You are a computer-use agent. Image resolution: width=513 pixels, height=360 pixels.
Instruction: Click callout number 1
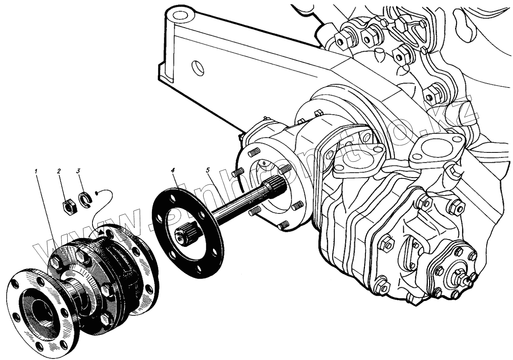tap(36, 171)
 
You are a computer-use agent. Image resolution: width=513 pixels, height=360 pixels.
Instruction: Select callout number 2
tap(59, 171)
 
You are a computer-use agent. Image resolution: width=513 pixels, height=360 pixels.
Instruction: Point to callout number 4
tap(173, 170)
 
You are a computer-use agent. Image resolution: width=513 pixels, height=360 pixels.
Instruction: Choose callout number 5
tap(208, 170)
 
